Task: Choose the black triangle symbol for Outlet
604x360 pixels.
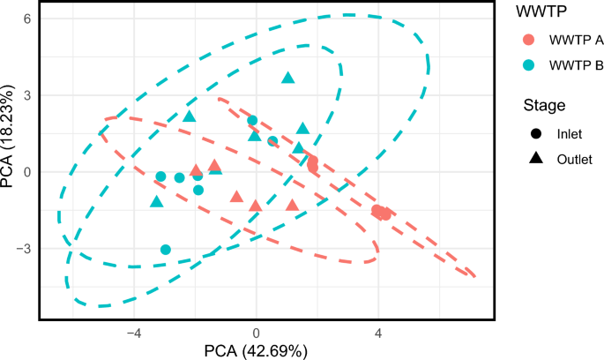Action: [535, 160]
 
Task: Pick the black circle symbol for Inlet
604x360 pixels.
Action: [535, 135]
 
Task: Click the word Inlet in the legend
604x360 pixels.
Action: [570, 135]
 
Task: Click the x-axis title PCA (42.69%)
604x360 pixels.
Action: [257, 351]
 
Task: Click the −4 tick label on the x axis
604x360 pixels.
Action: [134, 334]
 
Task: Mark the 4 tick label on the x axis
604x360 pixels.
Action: [378, 334]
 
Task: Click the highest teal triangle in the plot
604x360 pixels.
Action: [287, 78]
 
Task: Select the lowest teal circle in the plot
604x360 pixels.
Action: [166, 250]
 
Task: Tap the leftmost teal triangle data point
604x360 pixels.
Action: [157, 202]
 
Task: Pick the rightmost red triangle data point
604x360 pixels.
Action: [293, 206]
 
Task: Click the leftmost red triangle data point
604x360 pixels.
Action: [196, 170]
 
